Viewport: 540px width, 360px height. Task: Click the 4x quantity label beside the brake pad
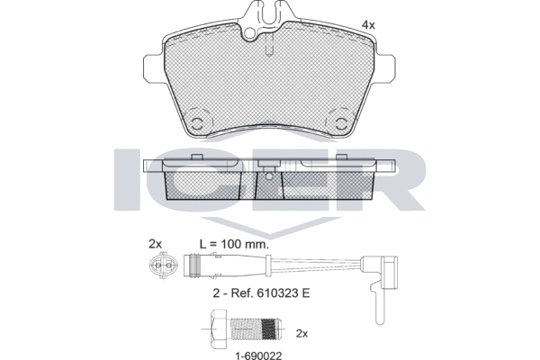pyautogui.click(x=368, y=25)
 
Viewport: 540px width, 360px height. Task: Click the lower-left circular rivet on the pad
pyautogui.click(x=198, y=123)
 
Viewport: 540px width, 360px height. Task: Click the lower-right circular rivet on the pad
pyautogui.click(x=341, y=123)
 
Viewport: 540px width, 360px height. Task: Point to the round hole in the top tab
pyautogui.click(x=250, y=33)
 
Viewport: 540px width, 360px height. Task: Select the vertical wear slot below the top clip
pyautogui.click(x=270, y=43)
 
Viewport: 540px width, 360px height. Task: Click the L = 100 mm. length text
pyautogui.click(x=234, y=244)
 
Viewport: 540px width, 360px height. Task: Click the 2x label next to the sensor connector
pyautogui.click(x=155, y=244)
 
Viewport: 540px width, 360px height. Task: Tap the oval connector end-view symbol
pyautogui.click(x=163, y=265)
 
